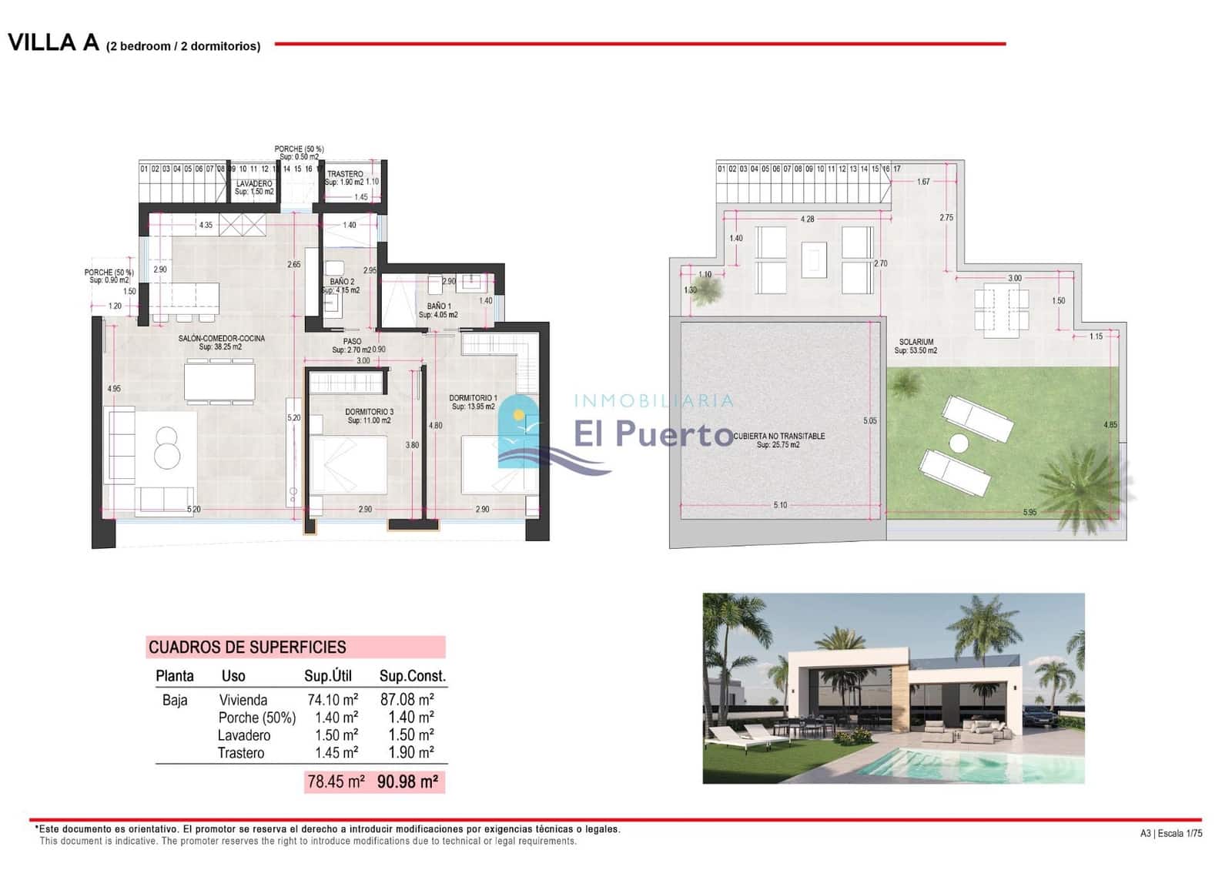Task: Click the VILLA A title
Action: point(54,42)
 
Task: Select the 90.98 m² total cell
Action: point(407,781)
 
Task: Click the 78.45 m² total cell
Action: point(336,781)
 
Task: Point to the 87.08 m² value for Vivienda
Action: point(407,699)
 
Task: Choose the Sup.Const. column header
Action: point(412,676)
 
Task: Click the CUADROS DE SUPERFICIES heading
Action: point(247,647)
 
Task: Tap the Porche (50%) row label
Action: point(256,718)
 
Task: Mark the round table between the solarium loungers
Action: point(959,443)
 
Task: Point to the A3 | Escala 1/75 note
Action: point(1170,833)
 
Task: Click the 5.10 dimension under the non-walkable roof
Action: point(780,505)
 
